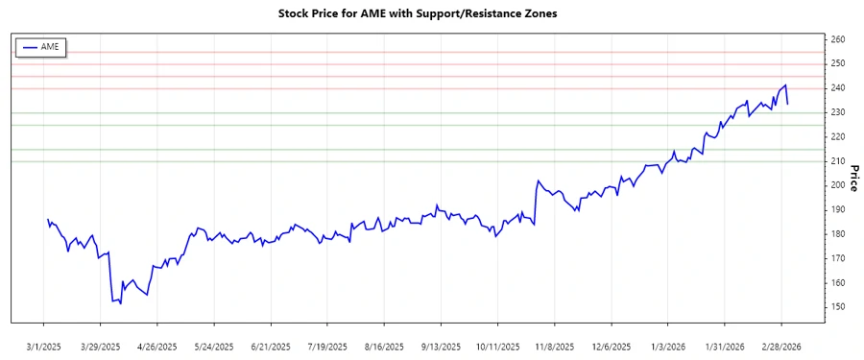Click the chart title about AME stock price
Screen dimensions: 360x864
(x=417, y=13)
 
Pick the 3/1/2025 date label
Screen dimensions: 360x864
(x=44, y=346)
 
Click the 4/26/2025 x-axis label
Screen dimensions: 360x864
(x=157, y=346)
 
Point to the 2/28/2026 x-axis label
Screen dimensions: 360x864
(x=781, y=346)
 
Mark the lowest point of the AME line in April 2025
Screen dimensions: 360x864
(x=120, y=303)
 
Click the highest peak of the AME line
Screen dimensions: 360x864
(x=785, y=84)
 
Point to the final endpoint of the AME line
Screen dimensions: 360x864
(x=788, y=104)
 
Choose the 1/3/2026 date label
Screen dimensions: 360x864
(x=668, y=346)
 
